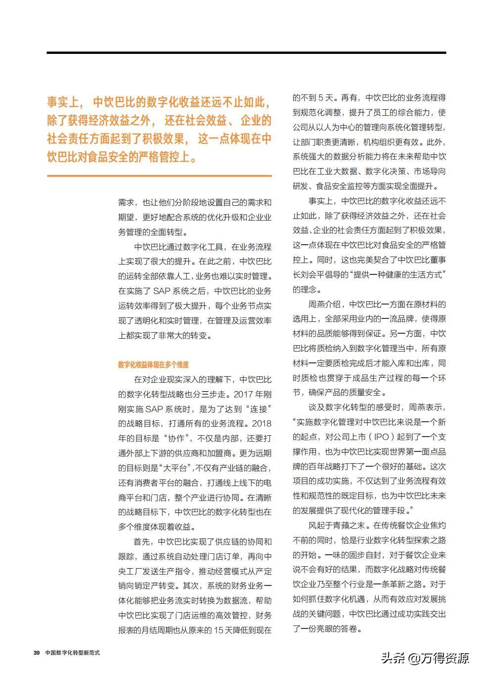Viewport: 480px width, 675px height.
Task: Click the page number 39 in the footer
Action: click(36, 653)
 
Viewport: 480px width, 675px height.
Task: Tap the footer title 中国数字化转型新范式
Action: click(72, 653)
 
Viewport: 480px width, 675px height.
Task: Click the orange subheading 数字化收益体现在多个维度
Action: click(153, 365)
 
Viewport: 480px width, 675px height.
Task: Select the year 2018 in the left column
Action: click(261, 423)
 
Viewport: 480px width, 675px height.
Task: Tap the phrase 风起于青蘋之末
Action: click(337, 525)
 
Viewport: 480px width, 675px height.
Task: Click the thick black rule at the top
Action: click(246, 52)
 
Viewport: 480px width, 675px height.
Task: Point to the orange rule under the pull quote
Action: click(159, 176)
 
